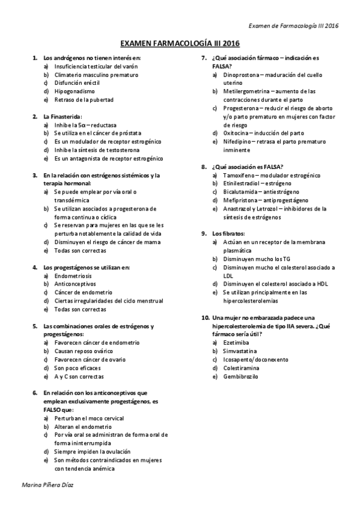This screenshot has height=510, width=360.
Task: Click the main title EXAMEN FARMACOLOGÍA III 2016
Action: pyautogui.click(x=180, y=44)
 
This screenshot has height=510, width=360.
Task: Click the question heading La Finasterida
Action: pyautogui.click(x=62, y=116)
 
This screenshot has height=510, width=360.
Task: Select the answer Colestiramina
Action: pyautogui.click(x=240, y=367)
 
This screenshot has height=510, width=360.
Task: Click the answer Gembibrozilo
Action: pyautogui.click(x=240, y=376)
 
